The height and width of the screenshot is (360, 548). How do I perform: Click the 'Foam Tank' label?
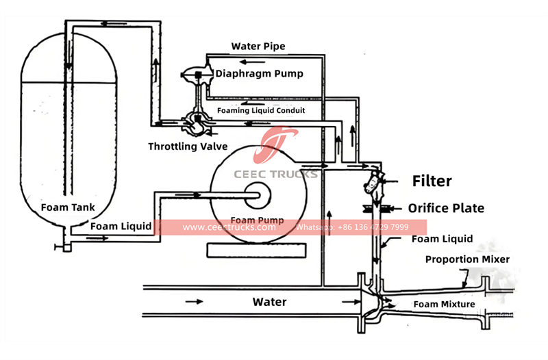click(66, 207)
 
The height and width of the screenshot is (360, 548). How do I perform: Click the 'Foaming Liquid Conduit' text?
click(261, 110)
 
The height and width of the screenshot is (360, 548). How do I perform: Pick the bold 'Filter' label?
click(431, 181)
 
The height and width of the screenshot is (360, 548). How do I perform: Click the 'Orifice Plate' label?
click(446, 208)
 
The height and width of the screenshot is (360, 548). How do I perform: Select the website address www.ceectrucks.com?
click(229, 227)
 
